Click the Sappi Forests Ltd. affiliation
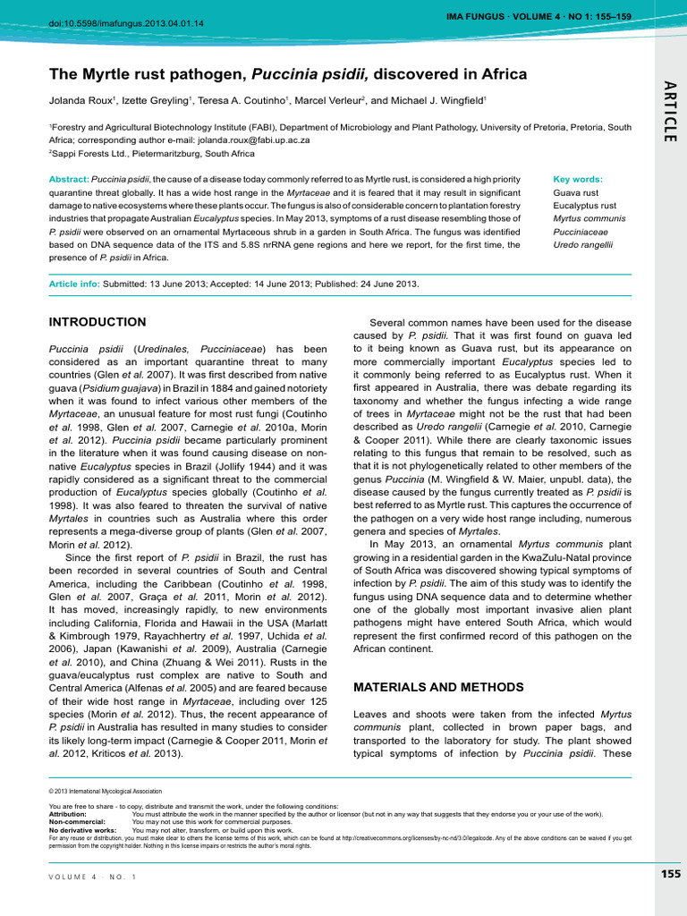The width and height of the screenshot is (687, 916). tap(105, 153)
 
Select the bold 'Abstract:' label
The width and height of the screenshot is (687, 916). tap(69, 179)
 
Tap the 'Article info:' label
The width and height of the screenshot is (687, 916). tap(74, 284)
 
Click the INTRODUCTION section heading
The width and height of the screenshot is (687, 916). tap(97, 322)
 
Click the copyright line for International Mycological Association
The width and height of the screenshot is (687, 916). tap(106, 792)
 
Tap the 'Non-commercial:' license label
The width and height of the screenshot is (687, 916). tap(77, 822)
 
